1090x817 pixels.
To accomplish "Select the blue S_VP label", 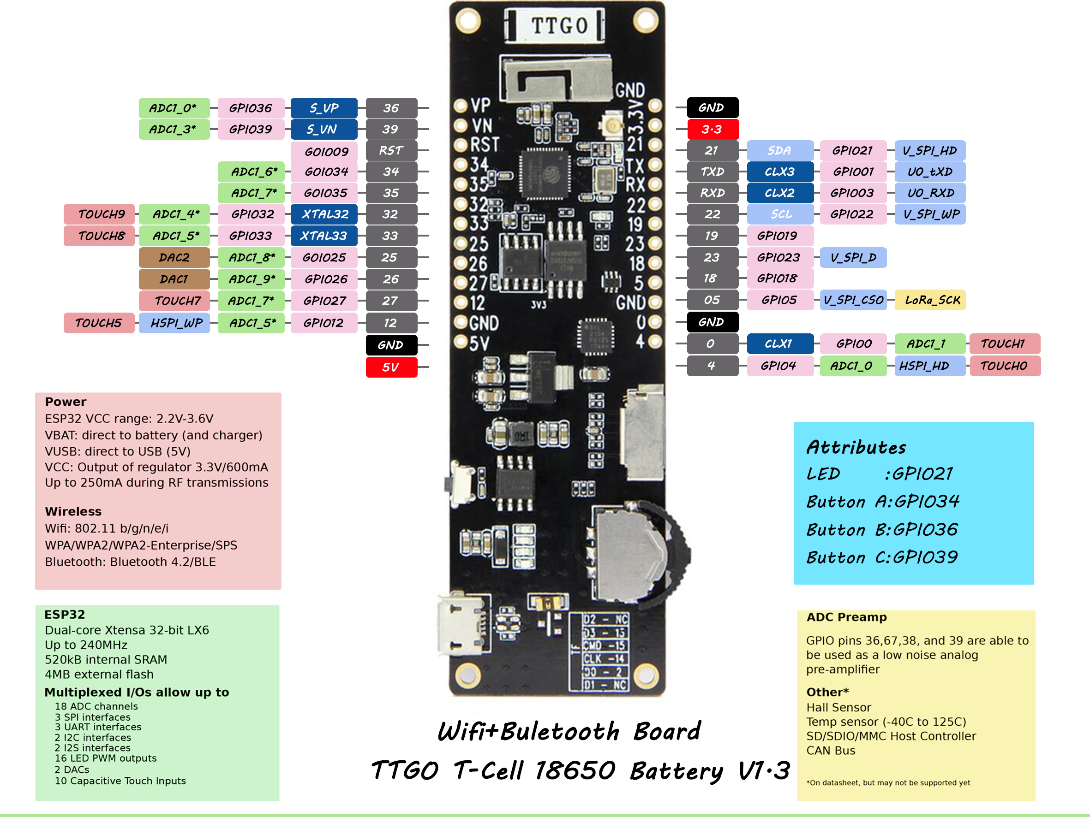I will [324, 108].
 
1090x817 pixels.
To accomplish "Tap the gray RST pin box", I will [391, 150].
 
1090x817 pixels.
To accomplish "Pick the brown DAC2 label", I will [174, 258].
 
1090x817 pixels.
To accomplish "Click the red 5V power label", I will [391, 367].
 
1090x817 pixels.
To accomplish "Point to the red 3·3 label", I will [713, 129].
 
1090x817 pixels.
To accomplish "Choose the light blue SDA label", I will [779, 150].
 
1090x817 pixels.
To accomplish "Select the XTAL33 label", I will [324, 236].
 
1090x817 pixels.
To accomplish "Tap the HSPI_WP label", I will [175, 323].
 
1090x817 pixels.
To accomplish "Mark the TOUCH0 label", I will [1004, 366].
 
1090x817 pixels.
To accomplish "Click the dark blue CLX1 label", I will [779, 344].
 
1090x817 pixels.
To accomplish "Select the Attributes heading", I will [856, 447].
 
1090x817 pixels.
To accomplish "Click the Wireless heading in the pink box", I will [73, 512].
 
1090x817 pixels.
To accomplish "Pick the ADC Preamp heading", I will [846, 617].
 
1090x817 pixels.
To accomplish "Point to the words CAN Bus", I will [831, 751].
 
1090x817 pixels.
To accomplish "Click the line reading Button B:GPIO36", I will [881, 529].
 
